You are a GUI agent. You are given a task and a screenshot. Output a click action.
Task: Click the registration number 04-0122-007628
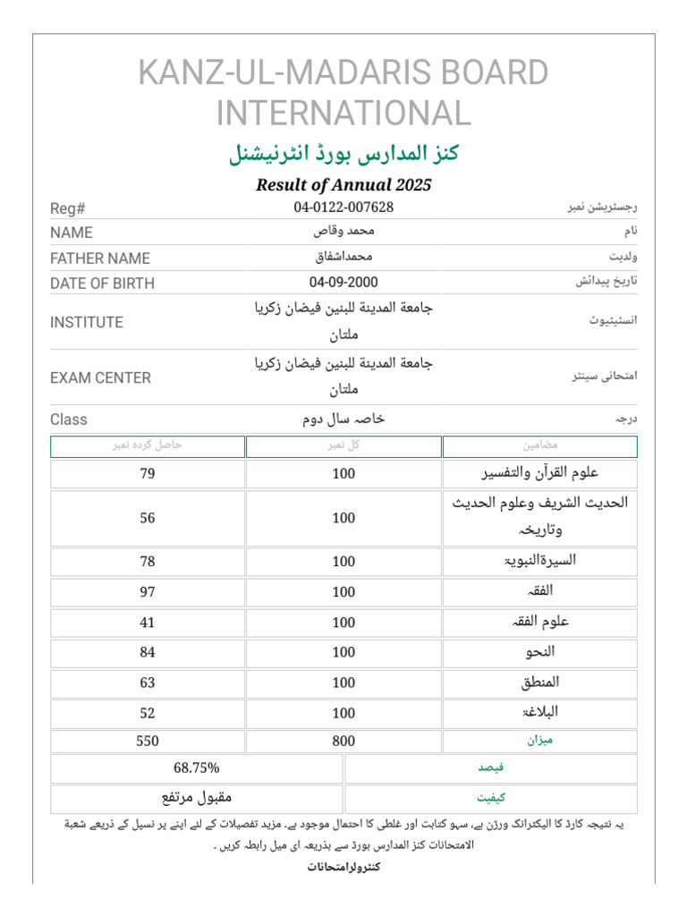point(343,208)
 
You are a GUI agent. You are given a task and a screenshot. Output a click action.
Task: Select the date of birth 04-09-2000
point(343,283)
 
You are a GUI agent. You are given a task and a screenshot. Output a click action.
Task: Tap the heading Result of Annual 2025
point(343,185)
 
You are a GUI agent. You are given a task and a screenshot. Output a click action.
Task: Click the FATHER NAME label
point(100,259)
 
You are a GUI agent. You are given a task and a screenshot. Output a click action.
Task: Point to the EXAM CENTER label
point(100,377)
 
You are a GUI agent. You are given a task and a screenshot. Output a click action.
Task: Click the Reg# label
point(67,208)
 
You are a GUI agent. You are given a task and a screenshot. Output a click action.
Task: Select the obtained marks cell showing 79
point(148,474)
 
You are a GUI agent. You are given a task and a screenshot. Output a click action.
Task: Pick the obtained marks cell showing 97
point(148,592)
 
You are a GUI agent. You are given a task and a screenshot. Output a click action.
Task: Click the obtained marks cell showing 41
point(148,623)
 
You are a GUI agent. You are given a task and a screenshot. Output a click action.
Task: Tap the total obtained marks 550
point(148,741)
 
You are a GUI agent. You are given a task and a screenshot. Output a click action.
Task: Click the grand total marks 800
point(343,741)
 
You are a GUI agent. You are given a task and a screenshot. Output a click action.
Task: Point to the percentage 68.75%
point(197,768)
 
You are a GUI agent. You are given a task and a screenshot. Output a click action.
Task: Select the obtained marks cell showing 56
point(148,518)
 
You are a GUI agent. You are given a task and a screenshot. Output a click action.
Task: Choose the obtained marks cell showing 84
point(148,652)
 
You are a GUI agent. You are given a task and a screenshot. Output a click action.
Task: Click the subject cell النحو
point(540,652)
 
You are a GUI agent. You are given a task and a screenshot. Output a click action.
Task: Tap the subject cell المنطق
point(540,683)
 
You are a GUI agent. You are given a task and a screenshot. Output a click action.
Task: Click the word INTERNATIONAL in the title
point(343,114)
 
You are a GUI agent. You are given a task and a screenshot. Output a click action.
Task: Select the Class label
point(69,420)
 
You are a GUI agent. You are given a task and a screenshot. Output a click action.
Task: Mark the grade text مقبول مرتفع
point(197,797)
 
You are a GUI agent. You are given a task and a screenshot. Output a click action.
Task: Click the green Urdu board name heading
point(343,153)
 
